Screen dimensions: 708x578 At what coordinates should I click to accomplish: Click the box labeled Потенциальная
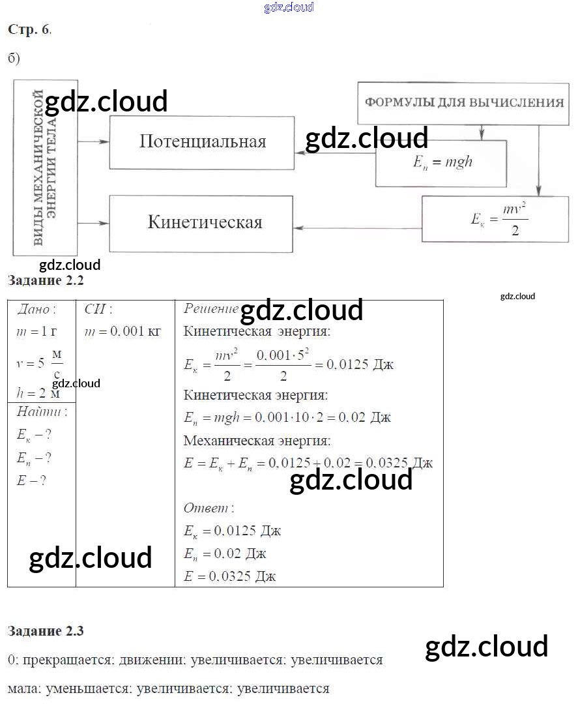pyautogui.click(x=202, y=142)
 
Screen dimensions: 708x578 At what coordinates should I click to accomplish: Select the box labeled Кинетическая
pyautogui.click(x=202, y=222)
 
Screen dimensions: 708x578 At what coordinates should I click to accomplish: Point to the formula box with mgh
pyautogui.click(x=441, y=162)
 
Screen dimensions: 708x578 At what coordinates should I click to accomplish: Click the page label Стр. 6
pyautogui.click(x=29, y=29)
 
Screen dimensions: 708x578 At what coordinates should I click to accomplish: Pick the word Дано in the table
pyautogui.click(x=36, y=309)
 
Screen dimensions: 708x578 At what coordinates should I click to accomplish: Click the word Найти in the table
pyautogui.click(x=41, y=412)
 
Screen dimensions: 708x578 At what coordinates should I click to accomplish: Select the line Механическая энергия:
pyautogui.click(x=257, y=441)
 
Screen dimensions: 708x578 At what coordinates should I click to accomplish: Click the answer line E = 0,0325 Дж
pyautogui.click(x=231, y=576)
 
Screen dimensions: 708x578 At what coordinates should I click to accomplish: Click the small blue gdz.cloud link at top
pyautogui.click(x=289, y=7)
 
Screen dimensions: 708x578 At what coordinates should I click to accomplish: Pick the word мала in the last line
pyautogui.click(x=21, y=688)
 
